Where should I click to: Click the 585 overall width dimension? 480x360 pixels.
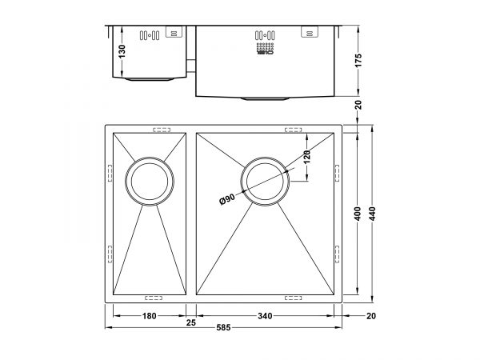[x=223, y=328]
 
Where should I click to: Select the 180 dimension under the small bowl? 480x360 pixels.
[x=150, y=316]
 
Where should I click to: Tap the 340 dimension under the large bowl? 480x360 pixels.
[x=265, y=316]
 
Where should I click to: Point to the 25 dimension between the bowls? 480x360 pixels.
[x=191, y=322]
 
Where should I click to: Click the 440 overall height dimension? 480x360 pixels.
[x=372, y=214]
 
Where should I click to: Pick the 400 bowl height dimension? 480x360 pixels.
[x=358, y=214]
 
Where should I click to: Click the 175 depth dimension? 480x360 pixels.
[x=358, y=60]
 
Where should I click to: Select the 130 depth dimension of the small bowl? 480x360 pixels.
[x=122, y=51]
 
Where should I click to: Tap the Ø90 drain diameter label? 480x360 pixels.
[x=227, y=199]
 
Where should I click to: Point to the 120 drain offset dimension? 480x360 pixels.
[x=307, y=157]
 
